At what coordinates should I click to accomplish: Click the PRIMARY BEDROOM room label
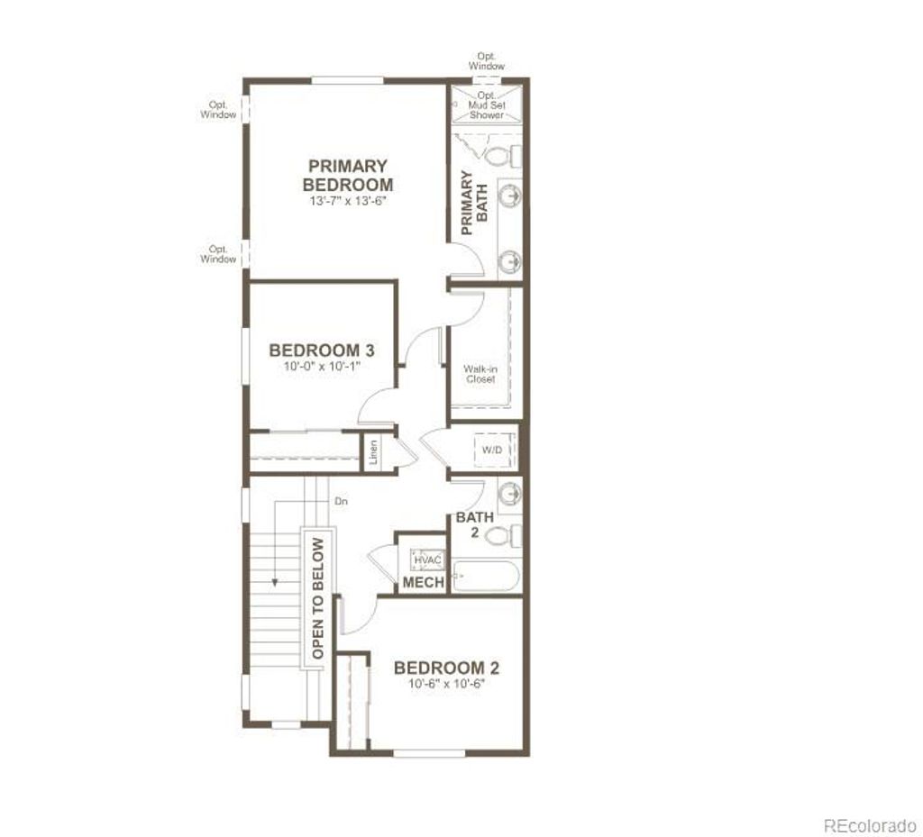[x=347, y=176]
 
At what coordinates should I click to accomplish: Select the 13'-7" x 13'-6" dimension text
[x=347, y=202]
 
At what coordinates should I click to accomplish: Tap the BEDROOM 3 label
[x=322, y=350]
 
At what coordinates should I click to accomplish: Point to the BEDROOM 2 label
[x=446, y=668]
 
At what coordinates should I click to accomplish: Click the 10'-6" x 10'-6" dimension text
[x=446, y=684]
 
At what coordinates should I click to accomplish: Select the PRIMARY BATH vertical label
[x=474, y=203]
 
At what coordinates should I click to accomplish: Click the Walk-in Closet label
[x=480, y=374]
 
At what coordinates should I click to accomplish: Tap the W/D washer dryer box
[x=492, y=448]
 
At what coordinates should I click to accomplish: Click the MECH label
[x=423, y=583]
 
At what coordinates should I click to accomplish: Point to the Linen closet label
[x=373, y=453]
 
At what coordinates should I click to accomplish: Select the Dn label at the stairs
[x=341, y=500]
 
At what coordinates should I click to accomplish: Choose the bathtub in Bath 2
[x=486, y=575]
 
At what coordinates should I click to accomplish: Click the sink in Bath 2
[x=509, y=494]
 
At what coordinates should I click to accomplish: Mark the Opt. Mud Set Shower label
[x=487, y=105]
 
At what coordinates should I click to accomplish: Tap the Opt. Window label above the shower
[x=487, y=61]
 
